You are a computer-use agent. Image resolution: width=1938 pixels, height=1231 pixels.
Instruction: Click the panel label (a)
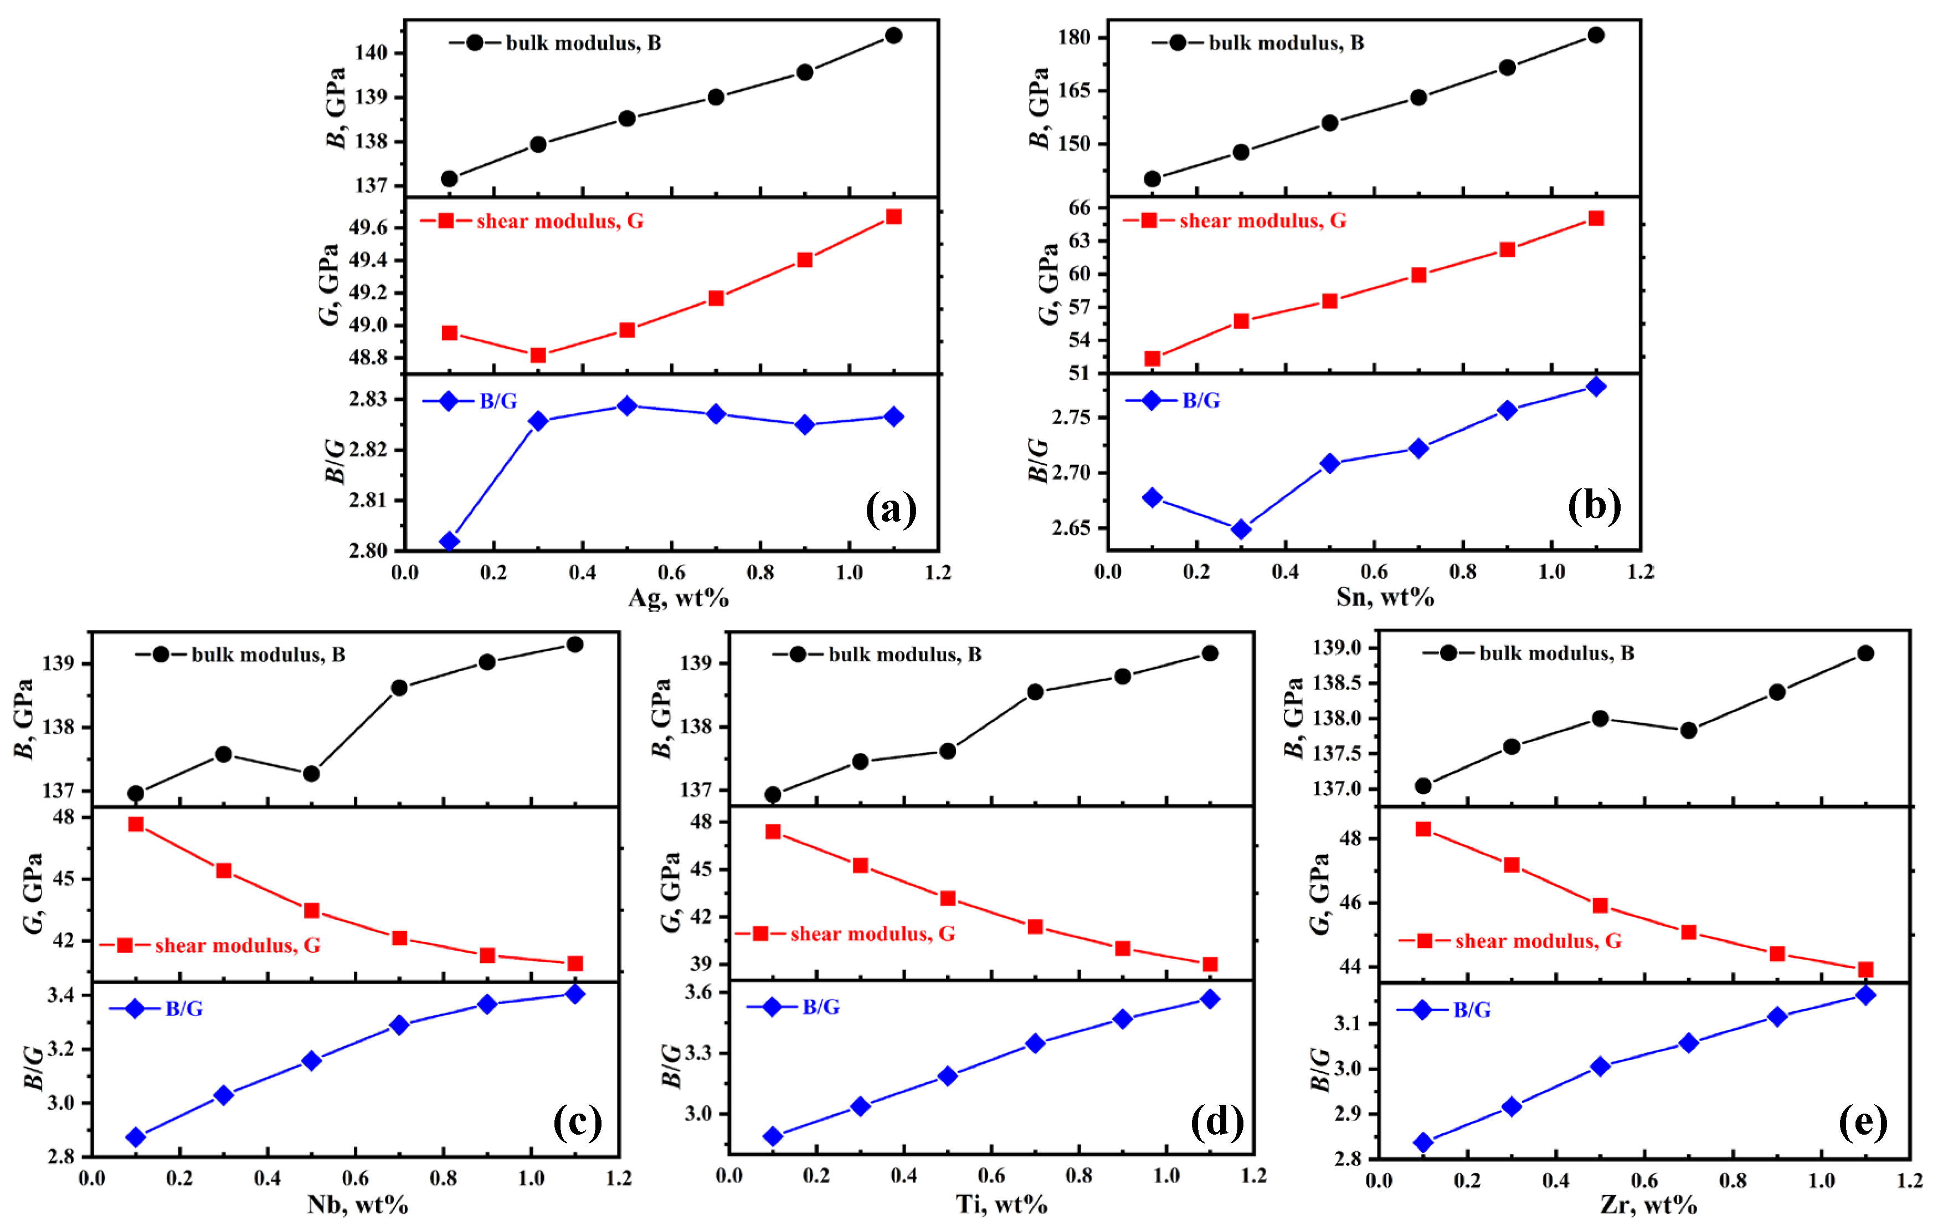(890, 509)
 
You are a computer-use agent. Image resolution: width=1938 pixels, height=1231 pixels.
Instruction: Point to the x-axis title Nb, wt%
(357, 1204)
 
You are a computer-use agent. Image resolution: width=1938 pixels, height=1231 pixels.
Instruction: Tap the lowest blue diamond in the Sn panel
(1241, 529)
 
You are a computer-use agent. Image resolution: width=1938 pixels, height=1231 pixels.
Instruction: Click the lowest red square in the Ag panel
(538, 356)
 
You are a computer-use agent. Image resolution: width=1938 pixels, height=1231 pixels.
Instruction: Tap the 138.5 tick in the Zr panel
(1336, 683)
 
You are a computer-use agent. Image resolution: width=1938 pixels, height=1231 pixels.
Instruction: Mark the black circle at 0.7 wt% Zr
(1689, 730)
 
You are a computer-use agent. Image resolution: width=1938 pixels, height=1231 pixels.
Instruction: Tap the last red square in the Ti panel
(1210, 965)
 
